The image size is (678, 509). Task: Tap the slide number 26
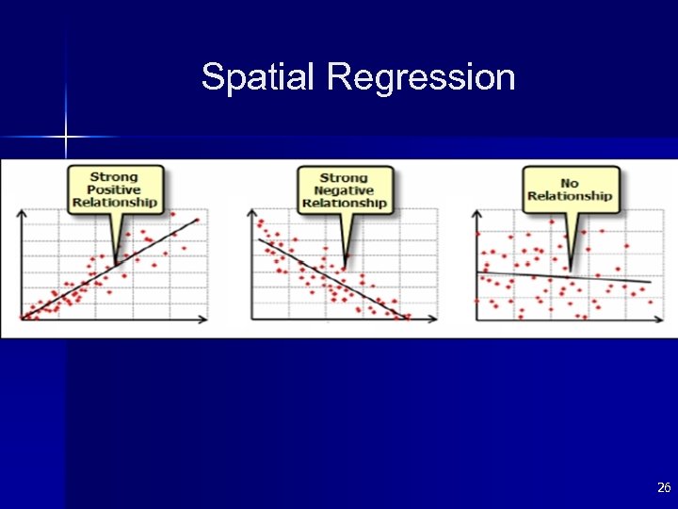[663, 487]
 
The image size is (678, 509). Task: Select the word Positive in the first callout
[115, 189]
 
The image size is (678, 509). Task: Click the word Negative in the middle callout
[344, 190]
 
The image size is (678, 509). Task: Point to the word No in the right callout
[569, 183]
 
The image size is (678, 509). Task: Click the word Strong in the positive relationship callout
[114, 176]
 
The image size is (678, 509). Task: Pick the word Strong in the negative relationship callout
[344, 177]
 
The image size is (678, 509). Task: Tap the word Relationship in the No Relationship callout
[569, 196]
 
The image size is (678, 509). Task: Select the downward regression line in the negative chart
[330, 277]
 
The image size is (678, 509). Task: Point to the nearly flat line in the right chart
[565, 277]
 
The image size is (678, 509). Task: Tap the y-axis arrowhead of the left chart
[23, 214]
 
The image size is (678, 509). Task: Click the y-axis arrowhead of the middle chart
[252, 214]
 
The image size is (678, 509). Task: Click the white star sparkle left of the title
[66, 138]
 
